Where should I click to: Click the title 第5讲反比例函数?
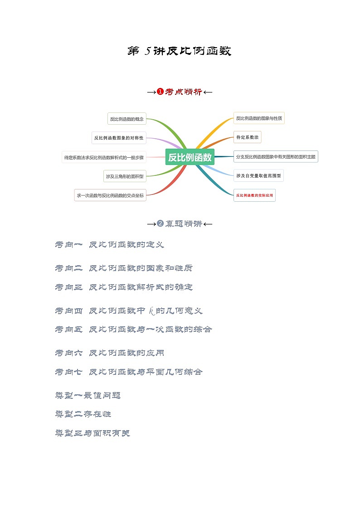click(x=180, y=51)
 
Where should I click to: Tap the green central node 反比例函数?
click(x=190, y=157)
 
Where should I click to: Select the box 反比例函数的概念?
click(x=126, y=119)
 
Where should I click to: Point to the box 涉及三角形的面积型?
click(x=124, y=177)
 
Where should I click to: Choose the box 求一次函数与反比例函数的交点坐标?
click(x=110, y=195)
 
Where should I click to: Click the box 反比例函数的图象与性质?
click(x=259, y=118)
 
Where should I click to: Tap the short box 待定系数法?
click(x=247, y=137)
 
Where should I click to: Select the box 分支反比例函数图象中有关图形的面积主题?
click(x=276, y=157)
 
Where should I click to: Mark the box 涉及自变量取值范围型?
click(x=258, y=175)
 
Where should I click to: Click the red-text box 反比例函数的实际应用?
click(x=254, y=195)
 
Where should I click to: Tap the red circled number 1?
click(x=160, y=92)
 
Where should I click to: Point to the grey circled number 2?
click(x=160, y=223)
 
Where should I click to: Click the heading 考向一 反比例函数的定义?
click(x=109, y=245)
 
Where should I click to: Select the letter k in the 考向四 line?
click(x=151, y=310)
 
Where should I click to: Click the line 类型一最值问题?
click(x=88, y=395)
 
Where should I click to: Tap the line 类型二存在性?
click(x=83, y=414)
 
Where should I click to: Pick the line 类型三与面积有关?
click(x=92, y=433)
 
